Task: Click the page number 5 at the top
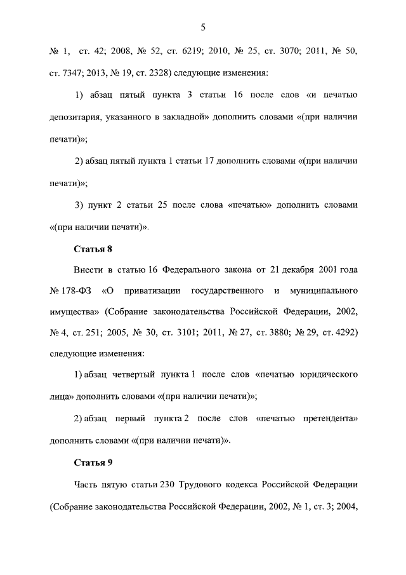[x=203, y=27]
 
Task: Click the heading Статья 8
[x=93, y=249]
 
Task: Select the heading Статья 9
[x=93, y=462]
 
